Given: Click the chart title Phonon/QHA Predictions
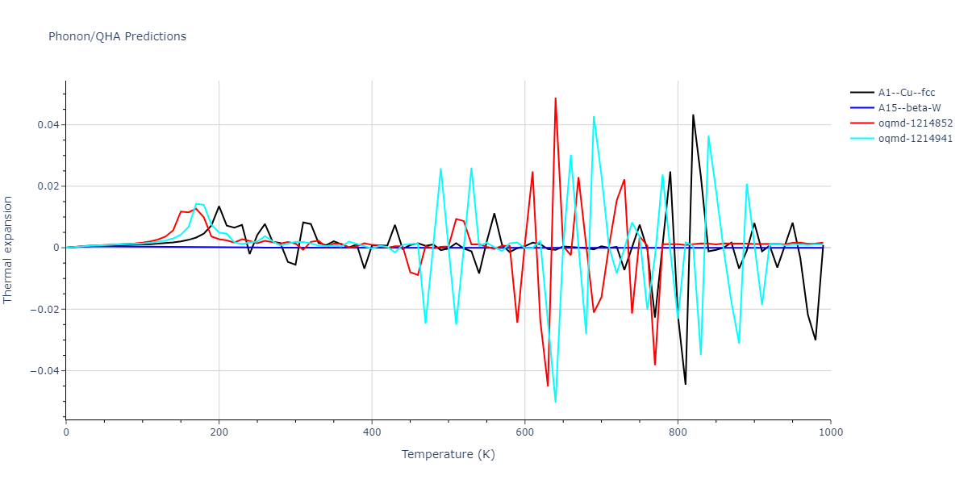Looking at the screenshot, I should coord(117,36).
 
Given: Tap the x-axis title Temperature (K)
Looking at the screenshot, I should coord(448,455).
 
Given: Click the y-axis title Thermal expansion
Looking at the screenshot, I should coord(9,249).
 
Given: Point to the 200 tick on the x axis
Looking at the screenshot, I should coord(219,432).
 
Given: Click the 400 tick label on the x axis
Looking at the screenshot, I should coord(372,432).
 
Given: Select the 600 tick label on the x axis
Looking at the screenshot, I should coord(525,432).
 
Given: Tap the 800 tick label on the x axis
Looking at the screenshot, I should coord(678,432).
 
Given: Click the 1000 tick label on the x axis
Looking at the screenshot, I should coord(831,432).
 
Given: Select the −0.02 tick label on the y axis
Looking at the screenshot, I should coord(44,309).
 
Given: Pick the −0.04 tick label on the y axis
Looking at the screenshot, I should coord(44,371).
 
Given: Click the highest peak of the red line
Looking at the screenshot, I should coord(556,98).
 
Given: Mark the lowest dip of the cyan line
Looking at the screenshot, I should coord(556,402).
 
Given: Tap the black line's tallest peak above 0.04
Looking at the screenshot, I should coord(693,115).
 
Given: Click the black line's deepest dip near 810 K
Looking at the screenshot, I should coord(686,384).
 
